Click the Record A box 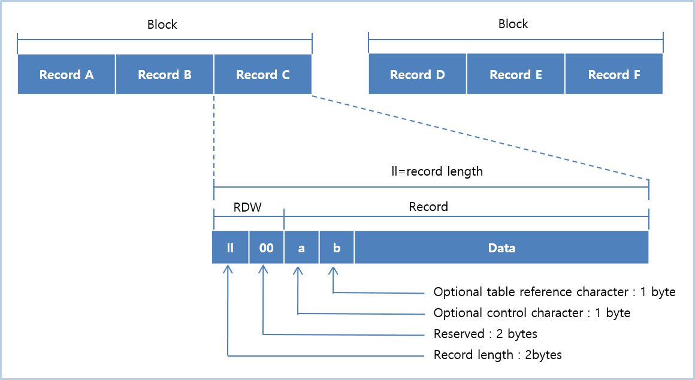click(x=67, y=74)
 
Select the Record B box click(x=165, y=74)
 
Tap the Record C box click(x=262, y=74)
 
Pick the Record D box click(x=418, y=74)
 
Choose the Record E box click(x=516, y=74)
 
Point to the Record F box click(x=614, y=74)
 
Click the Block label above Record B click(x=162, y=25)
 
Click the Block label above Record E click(x=513, y=24)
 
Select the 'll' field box click(x=230, y=248)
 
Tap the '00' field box click(x=266, y=248)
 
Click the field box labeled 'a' click(x=301, y=248)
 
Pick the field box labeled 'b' click(x=337, y=248)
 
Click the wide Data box click(x=501, y=248)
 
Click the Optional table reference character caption click(x=554, y=292)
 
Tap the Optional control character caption click(x=531, y=313)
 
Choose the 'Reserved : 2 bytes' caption click(x=485, y=334)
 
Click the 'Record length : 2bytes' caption click(x=497, y=355)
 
